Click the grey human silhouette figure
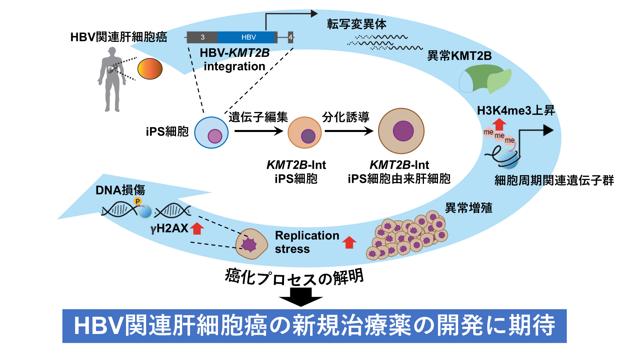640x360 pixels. click(x=112, y=80)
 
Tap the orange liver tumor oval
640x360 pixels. click(x=150, y=68)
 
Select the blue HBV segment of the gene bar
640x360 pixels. click(x=246, y=37)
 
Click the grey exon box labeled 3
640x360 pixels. click(x=202, y=37)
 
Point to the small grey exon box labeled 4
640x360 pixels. click(x=290, y=37)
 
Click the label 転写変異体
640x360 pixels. click(x=357, y=24)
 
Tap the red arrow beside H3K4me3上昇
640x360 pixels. click(x=500, y=124)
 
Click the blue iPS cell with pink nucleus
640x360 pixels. click(x=212, y=132)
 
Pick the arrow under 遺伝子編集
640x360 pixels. click(x=259, y=131)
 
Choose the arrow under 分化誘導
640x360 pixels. click(x=349, y=131)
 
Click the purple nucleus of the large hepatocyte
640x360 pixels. click(x=403, y=131)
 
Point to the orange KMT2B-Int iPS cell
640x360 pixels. click(x=304, y=132)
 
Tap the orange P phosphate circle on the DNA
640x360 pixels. click(x=138, y=202)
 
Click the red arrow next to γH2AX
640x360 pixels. click(x=197, y=228)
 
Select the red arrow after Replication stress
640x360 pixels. click(x=349, y=242)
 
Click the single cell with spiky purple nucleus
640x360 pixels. click(x=252, y=244)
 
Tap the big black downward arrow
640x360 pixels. click(x=301, y=297)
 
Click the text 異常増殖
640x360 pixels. click(x=468, y=208)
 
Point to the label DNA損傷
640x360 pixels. click(x=120, y=190)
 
